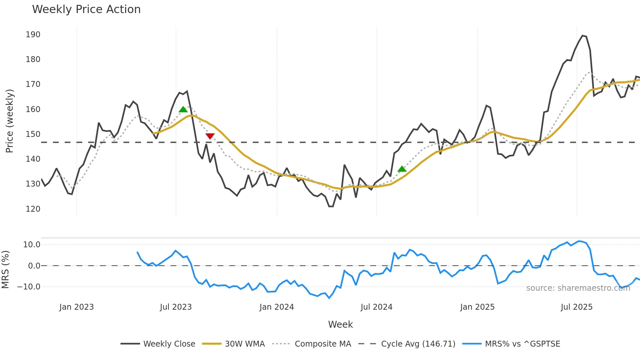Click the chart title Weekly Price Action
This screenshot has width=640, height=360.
86,9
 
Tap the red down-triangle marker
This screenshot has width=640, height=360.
210,136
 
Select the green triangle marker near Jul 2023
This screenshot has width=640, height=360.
183,109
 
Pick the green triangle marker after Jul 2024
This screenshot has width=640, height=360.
402,169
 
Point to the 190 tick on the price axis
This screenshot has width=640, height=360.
33,35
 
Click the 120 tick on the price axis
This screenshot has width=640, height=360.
33,209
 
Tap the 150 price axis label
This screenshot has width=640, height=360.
33,134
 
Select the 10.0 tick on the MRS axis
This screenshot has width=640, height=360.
32,245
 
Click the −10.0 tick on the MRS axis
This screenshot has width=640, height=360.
29,287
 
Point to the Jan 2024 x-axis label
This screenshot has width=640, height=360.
277,307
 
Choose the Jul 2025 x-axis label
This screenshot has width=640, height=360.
576,307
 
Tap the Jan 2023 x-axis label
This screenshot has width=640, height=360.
76,307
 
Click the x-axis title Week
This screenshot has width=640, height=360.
340,324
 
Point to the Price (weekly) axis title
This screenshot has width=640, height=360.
9,121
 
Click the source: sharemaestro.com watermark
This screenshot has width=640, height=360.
578,288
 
